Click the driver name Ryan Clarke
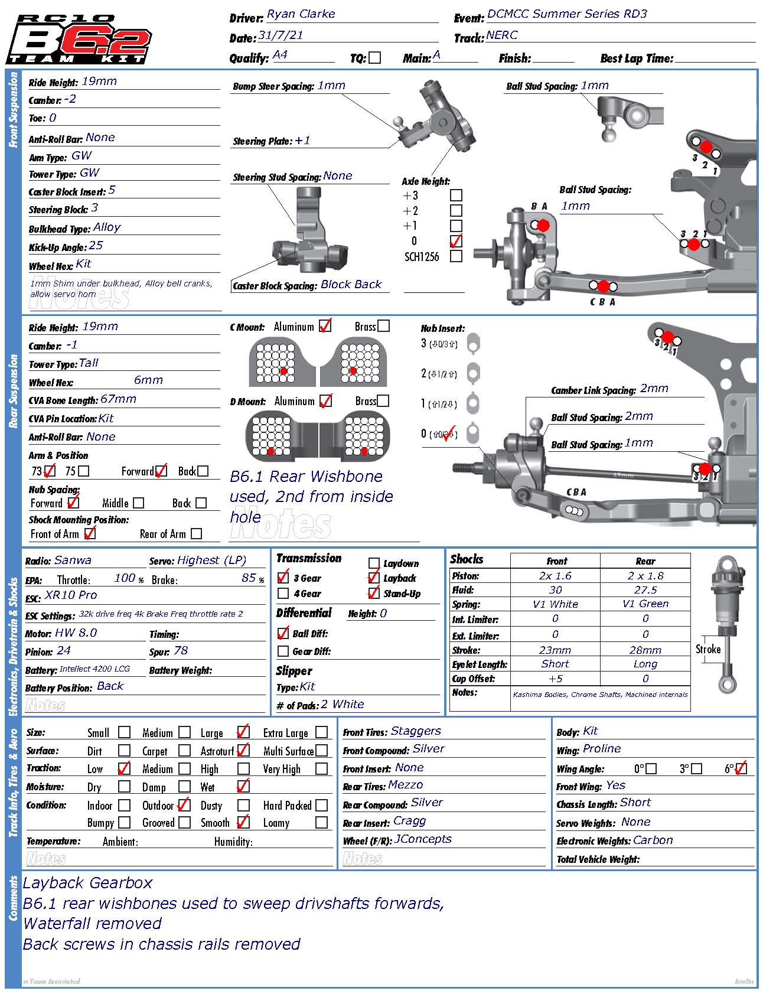[301, 14]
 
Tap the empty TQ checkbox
[374, 58]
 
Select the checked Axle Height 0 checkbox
[456, 241]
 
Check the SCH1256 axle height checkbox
[456, 256]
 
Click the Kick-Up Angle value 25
[96, 246]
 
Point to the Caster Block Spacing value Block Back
[351, 285]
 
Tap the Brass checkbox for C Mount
[383, 326]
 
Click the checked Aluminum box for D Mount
[325, 401]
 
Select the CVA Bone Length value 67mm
[118, 399]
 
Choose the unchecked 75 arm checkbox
[84, 471]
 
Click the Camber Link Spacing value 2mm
[654, 389]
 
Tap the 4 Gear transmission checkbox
[283, 594]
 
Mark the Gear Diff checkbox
[283, 651]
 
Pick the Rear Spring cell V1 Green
[645, 604]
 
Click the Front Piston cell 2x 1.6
[555, 576]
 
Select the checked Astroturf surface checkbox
[243, 751]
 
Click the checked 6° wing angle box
[741, 768]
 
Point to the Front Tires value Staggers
[416, 731]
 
